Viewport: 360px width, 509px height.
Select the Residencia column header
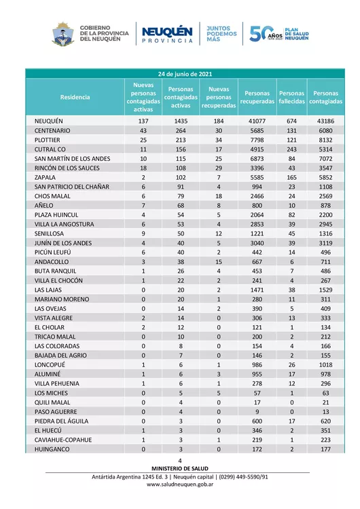pos(75,97)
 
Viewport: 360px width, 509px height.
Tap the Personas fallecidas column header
pos(292,97)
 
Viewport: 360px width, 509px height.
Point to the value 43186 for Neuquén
pos(325,120)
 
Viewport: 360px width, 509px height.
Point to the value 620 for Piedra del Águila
pos(325,421)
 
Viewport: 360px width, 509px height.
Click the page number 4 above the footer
pos(180,461)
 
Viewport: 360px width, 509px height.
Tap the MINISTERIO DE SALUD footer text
pos(180,468)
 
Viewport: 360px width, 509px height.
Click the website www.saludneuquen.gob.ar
pos(180,485)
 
